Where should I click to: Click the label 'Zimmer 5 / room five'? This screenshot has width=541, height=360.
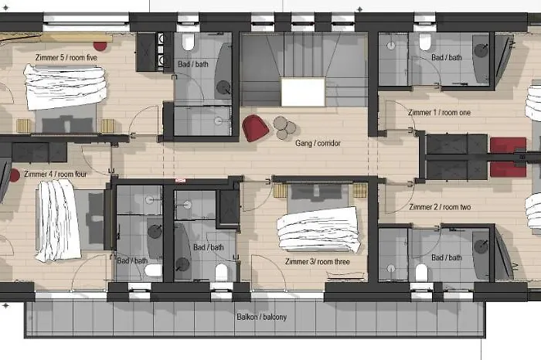[66, 57]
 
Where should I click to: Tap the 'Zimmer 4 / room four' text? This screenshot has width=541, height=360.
[55, 174]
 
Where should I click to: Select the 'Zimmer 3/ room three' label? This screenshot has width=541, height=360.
[318, 262]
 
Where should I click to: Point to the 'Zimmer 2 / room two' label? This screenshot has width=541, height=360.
[440, 207]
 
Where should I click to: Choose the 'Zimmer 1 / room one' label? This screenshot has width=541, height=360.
[440, 113]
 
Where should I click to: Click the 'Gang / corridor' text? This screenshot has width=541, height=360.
[318, 143]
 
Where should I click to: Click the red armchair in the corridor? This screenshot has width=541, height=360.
[255, 127]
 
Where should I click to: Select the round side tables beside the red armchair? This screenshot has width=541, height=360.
[284, 126]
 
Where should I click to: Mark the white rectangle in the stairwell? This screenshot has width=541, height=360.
[302, 92]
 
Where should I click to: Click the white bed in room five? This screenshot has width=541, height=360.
[65, 87]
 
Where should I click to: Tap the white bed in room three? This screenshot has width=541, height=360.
[318, 229]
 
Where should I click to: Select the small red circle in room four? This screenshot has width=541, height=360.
[14, 175]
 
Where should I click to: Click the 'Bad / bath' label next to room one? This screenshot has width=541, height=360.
[447, 58]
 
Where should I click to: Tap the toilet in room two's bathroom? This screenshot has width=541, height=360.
[421, 272]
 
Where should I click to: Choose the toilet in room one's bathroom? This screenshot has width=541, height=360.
[425, 42]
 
